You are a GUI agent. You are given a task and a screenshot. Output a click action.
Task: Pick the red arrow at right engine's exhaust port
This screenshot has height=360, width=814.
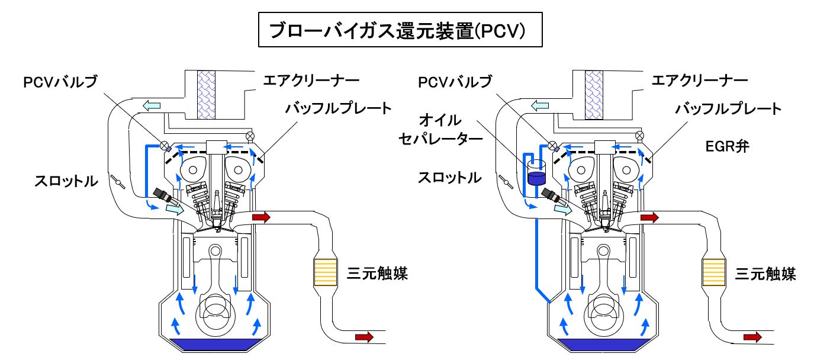click(649, 218)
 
